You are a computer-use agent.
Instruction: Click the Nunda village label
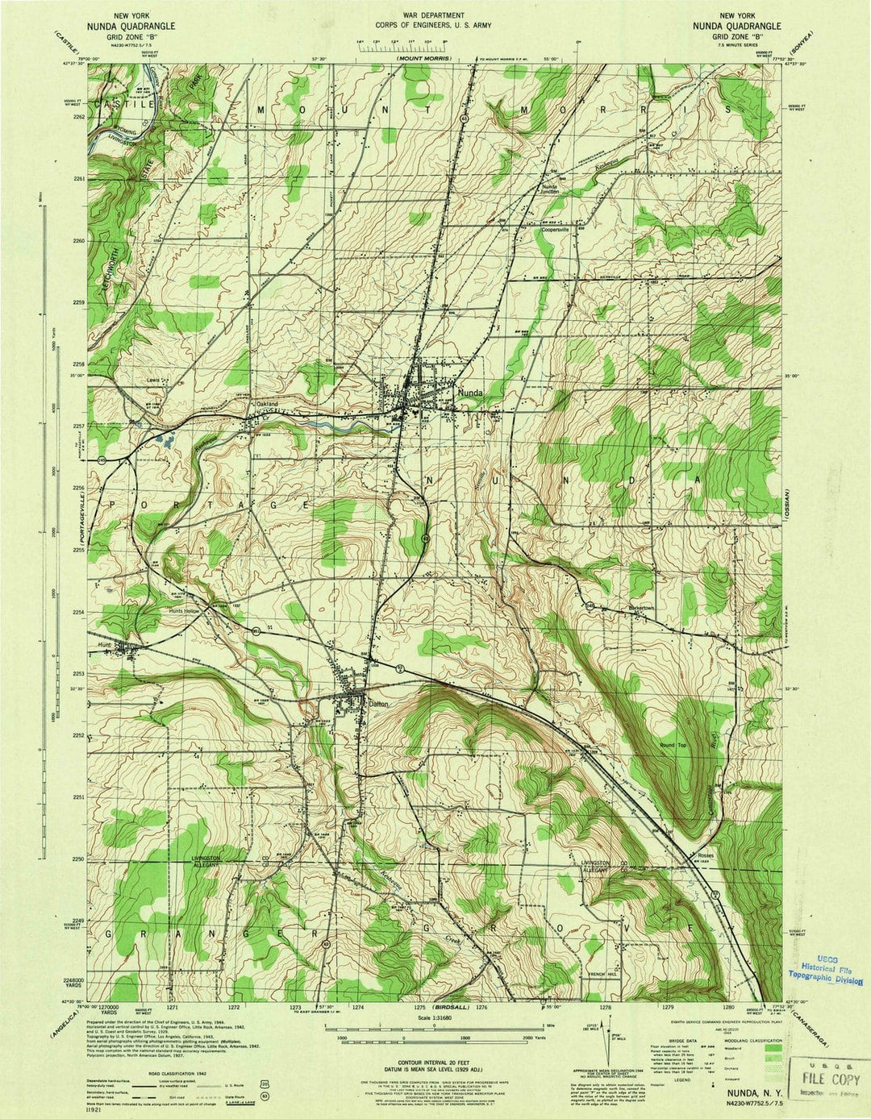470,393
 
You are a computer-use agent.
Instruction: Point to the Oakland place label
266,404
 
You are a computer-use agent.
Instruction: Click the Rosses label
684,855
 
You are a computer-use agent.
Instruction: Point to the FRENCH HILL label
603,975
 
